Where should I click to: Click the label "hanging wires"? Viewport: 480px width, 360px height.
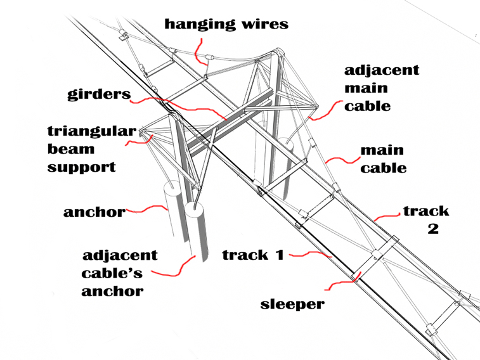click(x=226, y=25)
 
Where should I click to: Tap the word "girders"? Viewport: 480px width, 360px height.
click(x=99, y=95)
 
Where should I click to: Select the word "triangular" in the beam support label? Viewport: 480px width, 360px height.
click(x=91, y=132)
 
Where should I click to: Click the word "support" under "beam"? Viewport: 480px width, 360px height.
click(x=82, y=167)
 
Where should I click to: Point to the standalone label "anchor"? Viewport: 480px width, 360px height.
click(x=94, y=212)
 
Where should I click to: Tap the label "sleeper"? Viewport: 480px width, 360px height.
click(x=292, y=304)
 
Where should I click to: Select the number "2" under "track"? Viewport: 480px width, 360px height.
click(x=433, y=229)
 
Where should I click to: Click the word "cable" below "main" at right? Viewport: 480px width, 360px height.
click(x=384, y=169)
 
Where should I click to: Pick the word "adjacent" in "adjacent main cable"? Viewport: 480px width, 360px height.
click(x=382, y=70)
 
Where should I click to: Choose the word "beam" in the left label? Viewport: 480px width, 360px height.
click(x=70, y=150)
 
